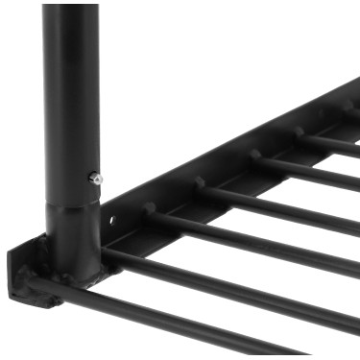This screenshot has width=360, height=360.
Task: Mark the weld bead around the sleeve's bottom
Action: point(75,279)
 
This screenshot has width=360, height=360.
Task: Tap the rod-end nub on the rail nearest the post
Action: point(150,206)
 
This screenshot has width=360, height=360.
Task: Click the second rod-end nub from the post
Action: point(199,181)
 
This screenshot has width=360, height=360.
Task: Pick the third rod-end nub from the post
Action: point(254,154)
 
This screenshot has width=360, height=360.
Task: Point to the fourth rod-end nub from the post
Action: point(300,132)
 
